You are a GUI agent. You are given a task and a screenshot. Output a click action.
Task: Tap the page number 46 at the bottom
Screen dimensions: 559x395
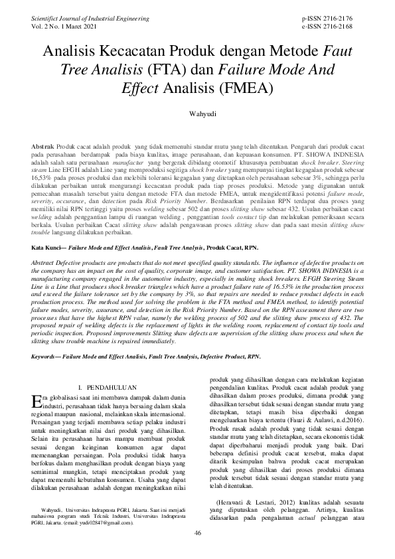point(197,552)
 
